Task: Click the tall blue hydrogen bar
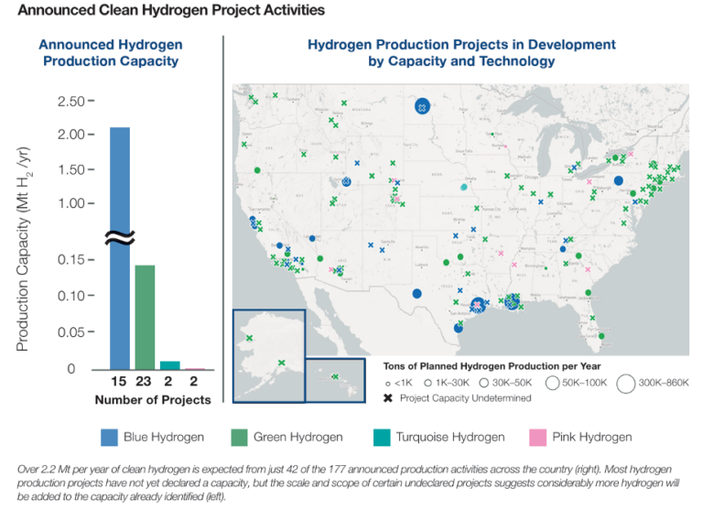pos(120,247)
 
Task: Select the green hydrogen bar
pos(145,317)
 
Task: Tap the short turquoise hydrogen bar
pos(170,364)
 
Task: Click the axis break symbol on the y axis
pos(120,238)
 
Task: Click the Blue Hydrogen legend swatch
pos(108,437)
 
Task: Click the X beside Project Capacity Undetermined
pos(388,397)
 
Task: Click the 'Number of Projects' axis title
pos(153,399)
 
